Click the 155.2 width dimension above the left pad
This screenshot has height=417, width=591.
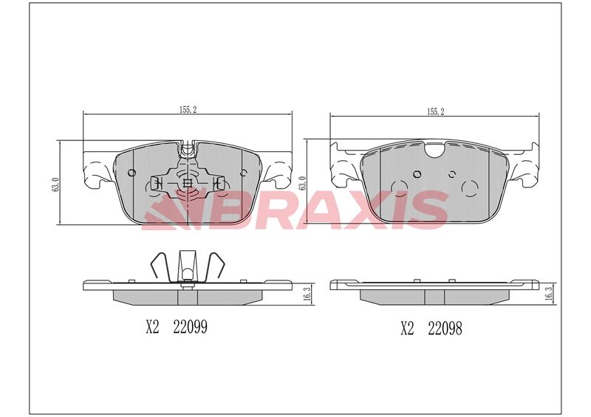tap(188, 110)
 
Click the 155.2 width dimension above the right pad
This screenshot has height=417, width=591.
tap(436, 111)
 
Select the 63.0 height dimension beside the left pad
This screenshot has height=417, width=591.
tap(55, 185)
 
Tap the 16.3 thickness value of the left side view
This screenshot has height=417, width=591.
tap(307, 294)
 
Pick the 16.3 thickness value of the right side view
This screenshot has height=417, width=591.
tap(549, 294)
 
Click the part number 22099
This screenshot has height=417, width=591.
tap(191, 327)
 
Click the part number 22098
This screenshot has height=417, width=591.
tap(445, 328)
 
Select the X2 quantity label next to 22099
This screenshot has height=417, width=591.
tap(153, 327)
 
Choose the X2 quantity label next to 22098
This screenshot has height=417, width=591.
tap(407, 328)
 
